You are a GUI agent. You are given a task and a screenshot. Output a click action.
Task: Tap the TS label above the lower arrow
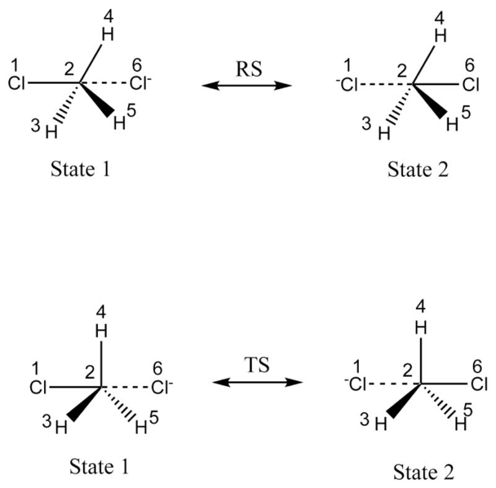click(257, 365)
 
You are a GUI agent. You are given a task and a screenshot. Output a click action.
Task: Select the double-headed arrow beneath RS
click(246, 85)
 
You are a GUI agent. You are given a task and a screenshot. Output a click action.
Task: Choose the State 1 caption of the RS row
click(81, 169)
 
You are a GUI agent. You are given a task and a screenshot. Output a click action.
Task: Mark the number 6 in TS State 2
click(476, 366)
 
